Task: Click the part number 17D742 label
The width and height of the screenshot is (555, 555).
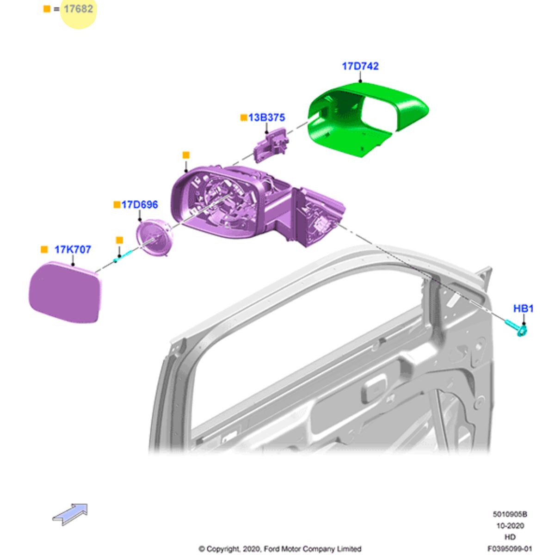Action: point(360,66)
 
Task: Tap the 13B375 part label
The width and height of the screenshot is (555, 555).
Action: point(266,117)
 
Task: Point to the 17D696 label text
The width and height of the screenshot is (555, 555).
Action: point(139,204)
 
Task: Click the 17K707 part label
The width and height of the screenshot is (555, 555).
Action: point(73,249)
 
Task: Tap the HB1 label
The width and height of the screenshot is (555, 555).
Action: point(523,308)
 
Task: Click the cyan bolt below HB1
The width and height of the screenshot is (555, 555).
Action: point(517,327)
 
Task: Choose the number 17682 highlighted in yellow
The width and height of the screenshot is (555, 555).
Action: point(78,9)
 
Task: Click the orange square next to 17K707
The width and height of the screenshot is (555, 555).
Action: point(44,249)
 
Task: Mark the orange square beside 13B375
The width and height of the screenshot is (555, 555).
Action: point(244,118)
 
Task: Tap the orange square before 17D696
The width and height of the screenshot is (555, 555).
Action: point(117,204)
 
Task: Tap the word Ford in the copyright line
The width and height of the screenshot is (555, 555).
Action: point(272,549)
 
